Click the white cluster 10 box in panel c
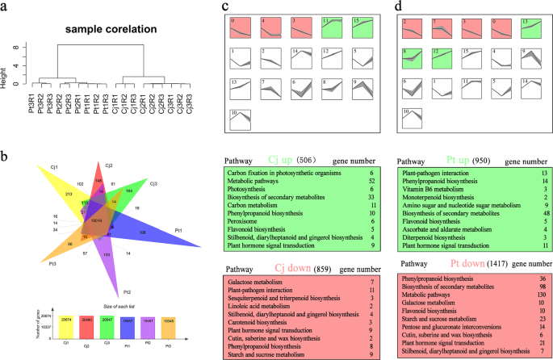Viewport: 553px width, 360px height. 241,119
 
